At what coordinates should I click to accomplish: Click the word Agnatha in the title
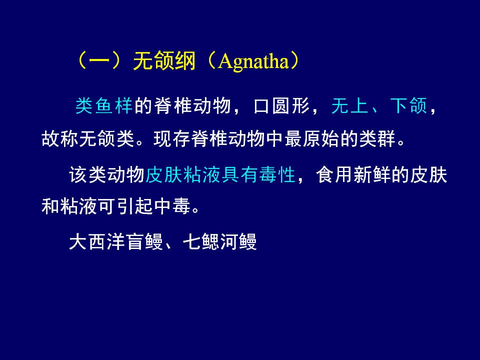(x=253, y=61)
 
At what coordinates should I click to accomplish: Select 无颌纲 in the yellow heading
(x=164, y=60)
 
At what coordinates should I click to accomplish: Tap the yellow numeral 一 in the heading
(x=99, y=60)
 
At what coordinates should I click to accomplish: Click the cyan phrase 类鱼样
(x=104, y=106)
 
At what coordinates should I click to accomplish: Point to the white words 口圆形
(x=281, y=106)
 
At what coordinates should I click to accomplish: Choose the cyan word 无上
(x=349, y=106)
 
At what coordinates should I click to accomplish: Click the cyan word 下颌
(x=408, y=106)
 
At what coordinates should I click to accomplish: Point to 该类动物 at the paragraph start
(x=106, y=175)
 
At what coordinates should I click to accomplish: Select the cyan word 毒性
(x=277, y=175)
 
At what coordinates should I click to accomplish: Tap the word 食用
(x=334, y=175)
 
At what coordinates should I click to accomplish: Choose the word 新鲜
(x=372, y=175)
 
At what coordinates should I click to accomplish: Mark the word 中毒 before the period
(x=172, y=205)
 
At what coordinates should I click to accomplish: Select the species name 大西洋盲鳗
(x=115, y=242)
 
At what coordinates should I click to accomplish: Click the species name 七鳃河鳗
(x=219, y=242)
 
